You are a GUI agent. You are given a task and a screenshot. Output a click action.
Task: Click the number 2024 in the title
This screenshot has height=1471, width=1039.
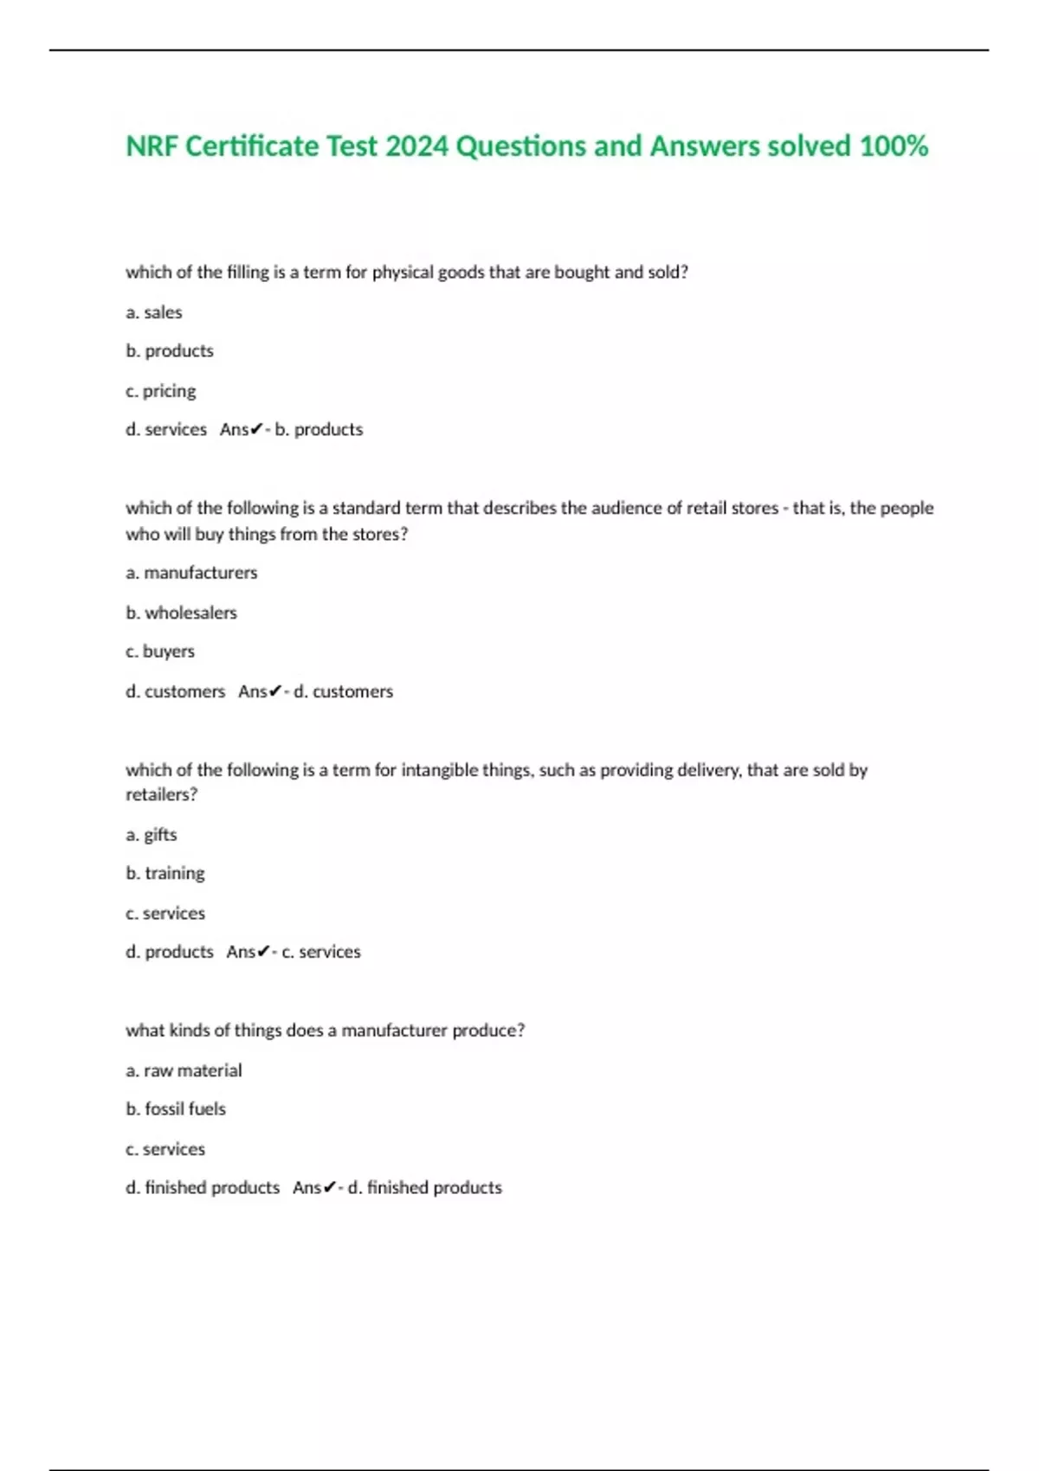click(416, 146)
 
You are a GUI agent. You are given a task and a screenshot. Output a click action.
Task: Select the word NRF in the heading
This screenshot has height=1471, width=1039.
click(152, 146)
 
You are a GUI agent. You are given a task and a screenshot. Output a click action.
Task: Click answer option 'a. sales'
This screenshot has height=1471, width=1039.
click(154, 312)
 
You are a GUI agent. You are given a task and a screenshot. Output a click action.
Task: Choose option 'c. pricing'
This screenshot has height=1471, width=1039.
click(161, 391)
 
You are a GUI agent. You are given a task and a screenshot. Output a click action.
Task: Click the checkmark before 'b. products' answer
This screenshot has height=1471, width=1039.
click(256, 429)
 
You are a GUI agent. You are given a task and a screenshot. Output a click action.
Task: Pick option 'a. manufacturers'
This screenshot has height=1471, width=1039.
click(191, 573)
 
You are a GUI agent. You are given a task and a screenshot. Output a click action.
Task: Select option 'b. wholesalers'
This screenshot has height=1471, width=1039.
click(181, 613)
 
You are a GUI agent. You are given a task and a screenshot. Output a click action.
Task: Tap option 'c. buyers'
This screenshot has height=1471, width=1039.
click(160, 652)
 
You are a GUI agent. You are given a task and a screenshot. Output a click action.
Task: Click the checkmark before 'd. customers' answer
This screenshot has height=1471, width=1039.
click(275, 691)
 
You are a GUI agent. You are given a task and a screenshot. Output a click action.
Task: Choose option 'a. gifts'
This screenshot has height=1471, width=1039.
click(152, 835)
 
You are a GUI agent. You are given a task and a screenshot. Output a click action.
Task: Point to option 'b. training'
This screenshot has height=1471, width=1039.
click(165, 873)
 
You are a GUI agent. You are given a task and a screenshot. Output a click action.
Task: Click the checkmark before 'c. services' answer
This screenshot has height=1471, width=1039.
click(264, 952)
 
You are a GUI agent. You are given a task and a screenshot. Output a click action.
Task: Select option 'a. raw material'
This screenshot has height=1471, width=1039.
click(184, 1070)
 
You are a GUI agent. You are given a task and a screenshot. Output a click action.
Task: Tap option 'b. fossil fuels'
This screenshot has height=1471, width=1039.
click(176, 1109)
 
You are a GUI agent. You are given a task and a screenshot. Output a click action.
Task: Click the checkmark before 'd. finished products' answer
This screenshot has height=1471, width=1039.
click(330, 1188)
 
